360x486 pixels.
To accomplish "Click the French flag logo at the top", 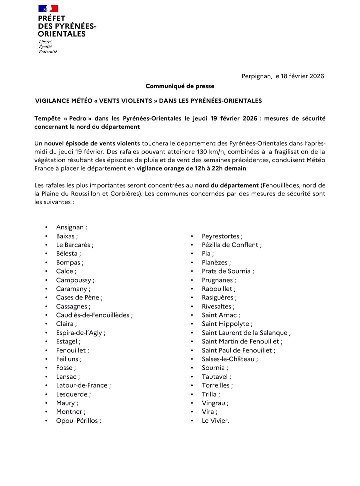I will click(48, 9).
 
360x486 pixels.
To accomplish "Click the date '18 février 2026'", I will click(302, 76).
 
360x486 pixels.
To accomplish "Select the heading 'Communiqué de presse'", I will click(180, 86).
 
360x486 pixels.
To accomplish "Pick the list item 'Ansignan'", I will click(70, 227).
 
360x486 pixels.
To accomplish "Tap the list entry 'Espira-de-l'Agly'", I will click(79, 333).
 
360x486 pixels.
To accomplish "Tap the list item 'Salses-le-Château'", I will click(228, 359).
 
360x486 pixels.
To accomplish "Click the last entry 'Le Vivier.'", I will click(215, 421).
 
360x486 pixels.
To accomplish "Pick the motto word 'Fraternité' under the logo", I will click(48, 52).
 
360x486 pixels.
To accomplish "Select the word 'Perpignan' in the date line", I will click(256, 76).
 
